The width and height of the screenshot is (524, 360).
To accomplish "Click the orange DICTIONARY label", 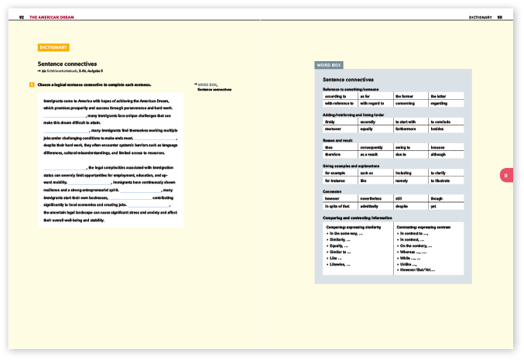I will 53,47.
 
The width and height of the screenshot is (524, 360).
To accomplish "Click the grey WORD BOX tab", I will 329,65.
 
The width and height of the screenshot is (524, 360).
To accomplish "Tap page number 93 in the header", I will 500,17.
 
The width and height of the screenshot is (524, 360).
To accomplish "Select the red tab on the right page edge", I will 505,176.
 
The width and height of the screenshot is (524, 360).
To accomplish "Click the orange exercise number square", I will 31,84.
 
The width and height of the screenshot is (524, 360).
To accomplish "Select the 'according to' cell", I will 336,95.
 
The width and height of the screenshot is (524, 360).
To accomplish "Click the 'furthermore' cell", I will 408,129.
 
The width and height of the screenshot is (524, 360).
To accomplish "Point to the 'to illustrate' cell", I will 444,180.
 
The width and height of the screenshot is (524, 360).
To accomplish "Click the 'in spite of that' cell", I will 338,206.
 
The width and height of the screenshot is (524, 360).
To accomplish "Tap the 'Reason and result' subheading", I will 339,140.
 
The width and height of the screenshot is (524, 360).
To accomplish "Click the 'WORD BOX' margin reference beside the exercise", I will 207,84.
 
